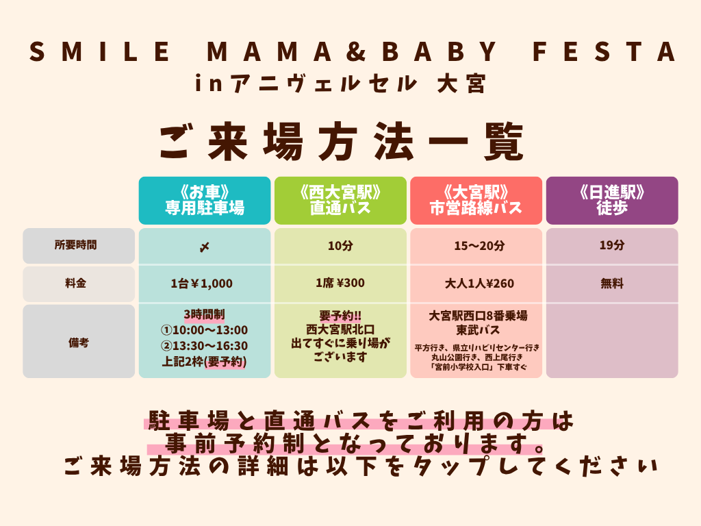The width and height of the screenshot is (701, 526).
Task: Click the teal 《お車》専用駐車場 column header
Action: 205,201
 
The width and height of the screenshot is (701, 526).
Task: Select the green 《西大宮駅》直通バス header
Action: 340,201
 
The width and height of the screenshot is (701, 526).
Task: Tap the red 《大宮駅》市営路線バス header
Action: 476,201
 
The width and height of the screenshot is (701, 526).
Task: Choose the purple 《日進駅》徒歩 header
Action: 612,201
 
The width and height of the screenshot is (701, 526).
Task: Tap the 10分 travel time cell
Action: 340,246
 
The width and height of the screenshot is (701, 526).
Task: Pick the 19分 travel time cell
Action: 612,246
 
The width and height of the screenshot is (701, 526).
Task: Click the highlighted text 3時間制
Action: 204,314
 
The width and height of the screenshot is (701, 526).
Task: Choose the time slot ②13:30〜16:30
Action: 204,346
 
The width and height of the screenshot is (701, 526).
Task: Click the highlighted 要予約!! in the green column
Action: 340,316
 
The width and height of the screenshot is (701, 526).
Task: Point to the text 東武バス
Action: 478,330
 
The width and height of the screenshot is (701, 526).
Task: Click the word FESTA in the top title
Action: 604,51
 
